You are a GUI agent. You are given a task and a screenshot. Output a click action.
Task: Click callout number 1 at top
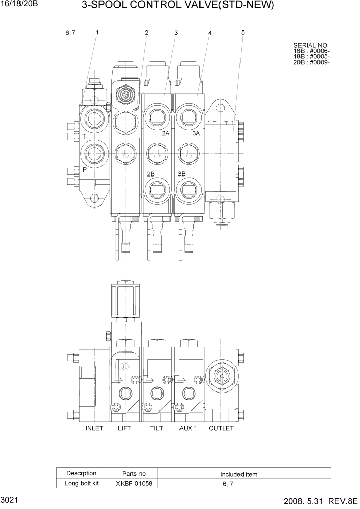(97, 32)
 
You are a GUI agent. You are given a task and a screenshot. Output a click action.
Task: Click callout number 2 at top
(146, 33)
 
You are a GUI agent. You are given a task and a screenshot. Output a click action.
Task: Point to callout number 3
(176, 33)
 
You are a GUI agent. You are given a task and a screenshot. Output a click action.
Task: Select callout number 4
(210, 33)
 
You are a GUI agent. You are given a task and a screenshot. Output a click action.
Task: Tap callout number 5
(243, 32)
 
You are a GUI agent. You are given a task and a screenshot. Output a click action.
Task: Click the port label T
(84, 136)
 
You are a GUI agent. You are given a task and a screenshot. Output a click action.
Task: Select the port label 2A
(165, 133)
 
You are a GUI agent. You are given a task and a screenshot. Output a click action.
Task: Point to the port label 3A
(196, 133)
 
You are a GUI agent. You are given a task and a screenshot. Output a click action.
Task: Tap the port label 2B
(151, 174)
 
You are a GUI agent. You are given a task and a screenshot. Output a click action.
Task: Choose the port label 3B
(181, 174)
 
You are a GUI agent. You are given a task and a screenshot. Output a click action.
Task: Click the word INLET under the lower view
(94, 428)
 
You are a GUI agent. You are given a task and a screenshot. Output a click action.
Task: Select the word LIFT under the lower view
(125, 428)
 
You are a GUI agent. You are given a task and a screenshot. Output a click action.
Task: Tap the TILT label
(157, 428)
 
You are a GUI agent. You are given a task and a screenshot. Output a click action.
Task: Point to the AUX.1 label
(188, 428)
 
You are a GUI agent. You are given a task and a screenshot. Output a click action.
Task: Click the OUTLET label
(221, 428)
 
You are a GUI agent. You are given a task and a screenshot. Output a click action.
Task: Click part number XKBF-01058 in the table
(134, 483)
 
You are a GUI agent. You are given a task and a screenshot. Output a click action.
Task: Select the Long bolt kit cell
(81, 483)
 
